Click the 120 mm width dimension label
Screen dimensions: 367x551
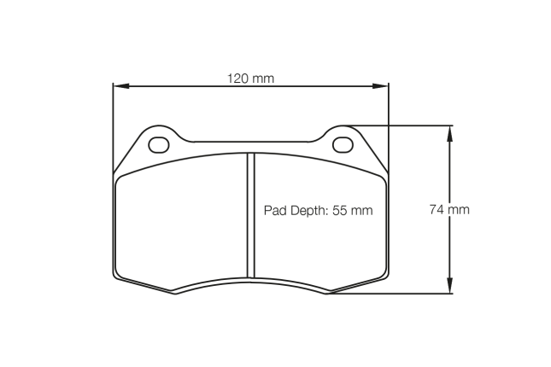pos(250,79)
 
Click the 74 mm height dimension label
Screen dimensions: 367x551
pos(449,209)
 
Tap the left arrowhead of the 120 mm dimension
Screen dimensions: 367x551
pos(120,85)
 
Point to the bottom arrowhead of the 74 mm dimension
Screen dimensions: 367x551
pos(450,288)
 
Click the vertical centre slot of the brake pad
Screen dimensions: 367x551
pos(251,215)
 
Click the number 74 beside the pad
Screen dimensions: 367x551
pos(437,209)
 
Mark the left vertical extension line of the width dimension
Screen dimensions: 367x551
pos(114,128)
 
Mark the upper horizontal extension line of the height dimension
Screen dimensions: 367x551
pos(402,125)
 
